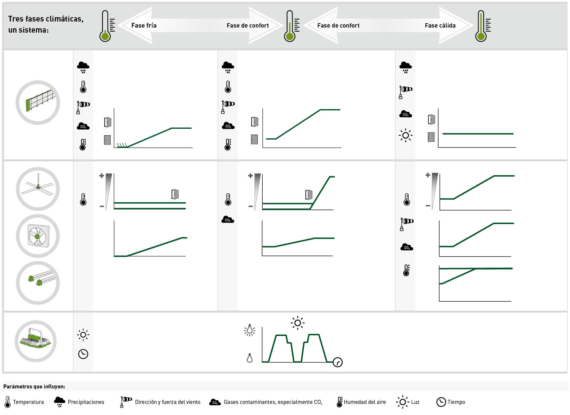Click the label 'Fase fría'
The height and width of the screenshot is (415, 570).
click(x=144, y=26)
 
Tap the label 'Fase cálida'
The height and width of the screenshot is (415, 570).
click(x=440, y=26)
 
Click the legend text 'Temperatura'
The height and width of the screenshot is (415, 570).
click(x=28, y=402)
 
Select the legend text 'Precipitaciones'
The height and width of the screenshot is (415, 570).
click(x=86, y=402)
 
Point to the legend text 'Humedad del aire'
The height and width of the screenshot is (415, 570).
click(x=365, y=402)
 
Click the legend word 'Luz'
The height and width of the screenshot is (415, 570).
click(x=415, y=402)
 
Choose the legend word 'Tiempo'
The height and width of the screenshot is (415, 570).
click(x=456, y=402)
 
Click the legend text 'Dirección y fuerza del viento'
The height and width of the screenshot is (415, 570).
click(x=167, y=402)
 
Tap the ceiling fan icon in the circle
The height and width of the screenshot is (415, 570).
click(x=38, y=189)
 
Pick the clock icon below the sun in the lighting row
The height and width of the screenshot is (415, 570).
click(x=83, y=354)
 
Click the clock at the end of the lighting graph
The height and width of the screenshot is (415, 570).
click(x=338, y=362)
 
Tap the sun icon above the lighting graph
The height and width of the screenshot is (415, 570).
click(x=298, y=323)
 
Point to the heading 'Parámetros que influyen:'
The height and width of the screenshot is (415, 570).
click(x=34, y=386)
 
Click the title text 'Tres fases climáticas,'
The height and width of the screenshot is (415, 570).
click(x=46, y=19)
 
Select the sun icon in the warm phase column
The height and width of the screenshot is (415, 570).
click(x=406, y=136)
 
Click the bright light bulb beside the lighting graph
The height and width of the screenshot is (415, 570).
click(x=250, y=330)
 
